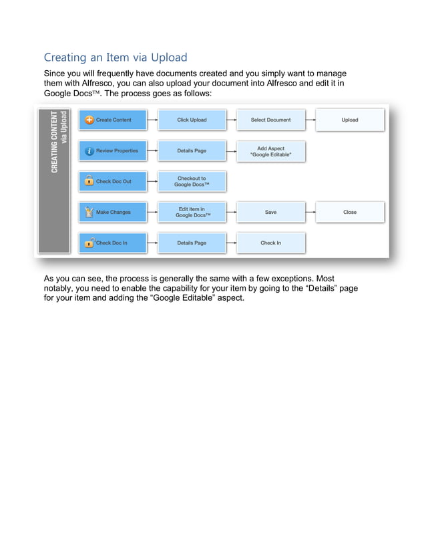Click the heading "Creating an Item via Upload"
point(116,57)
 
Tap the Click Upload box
point(192,120)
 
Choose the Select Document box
point(270,120)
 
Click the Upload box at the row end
point(350,120)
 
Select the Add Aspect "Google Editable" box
point(270,151)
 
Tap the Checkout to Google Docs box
point(192,181)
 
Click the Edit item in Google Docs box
point(192,212)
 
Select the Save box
point(270,212)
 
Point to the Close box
point(350,212)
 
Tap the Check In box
point(270,243)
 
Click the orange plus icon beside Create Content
point(89,120)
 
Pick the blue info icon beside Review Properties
point(89,151)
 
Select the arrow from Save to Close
point(310,212)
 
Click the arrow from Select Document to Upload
point(310,120)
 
